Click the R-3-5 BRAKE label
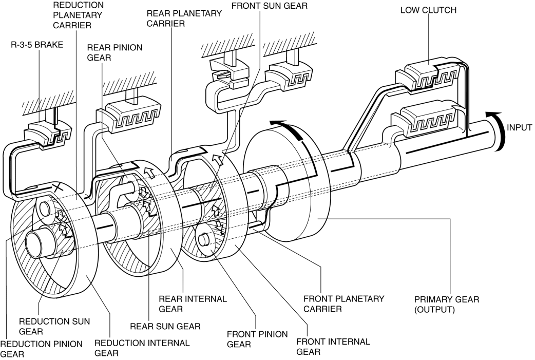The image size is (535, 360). click(37, 45)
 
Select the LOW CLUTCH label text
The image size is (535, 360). click(428, 10)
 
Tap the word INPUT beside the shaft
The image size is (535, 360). click(519, 128)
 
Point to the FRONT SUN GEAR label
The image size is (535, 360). click(269, 6)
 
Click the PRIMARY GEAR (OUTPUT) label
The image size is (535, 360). click(447, 305)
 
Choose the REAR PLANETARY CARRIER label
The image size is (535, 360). click(184, 18)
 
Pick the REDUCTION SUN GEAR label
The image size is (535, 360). click(54, 326)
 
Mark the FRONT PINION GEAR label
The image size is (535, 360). click(257, 339)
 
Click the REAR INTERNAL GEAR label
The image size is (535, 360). click(193, 304)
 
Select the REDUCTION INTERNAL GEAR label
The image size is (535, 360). click(142, 348)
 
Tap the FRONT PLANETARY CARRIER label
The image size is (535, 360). click(344, 304)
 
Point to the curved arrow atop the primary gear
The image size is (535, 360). click(290, 128)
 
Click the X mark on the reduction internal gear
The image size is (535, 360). click(58, 186)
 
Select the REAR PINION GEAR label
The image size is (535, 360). click(114, 52)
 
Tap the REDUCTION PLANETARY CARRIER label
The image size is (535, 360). click(78, 15)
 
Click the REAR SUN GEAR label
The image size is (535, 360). click(165, 326)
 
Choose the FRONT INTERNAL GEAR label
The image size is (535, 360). click(333, 346)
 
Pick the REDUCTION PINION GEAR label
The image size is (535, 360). click(41, 349)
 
